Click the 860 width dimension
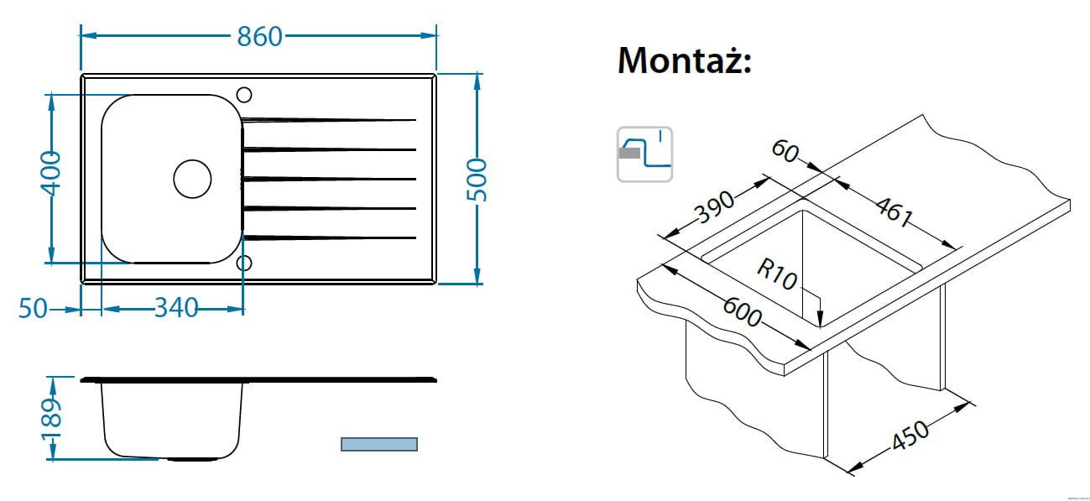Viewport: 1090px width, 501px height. [x=259, y=36]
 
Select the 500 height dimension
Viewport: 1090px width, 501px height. [x=476, y=178]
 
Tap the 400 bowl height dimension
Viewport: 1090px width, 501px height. [x=50, y=174]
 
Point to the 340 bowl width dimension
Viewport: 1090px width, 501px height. [x=176, y=309]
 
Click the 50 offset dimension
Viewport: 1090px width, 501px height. [x=33, y=309]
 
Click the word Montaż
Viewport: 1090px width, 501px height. [x=684, y=60]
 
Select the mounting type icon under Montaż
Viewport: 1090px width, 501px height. [x=644, y=154]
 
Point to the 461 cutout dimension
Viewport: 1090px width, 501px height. [x=893, y=211]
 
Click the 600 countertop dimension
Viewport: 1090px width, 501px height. [x=742, y=312]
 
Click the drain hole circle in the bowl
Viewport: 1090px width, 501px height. [x=192, y=179]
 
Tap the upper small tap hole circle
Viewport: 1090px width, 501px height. [x=244, y=94]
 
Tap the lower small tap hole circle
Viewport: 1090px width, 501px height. [x=244, y=263]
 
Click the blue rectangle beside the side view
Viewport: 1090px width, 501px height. [x=378, y=444]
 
